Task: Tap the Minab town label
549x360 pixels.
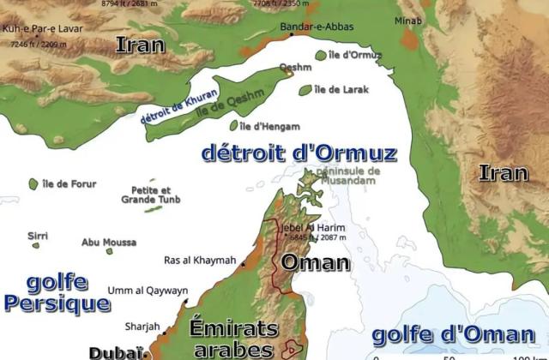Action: point(408,20)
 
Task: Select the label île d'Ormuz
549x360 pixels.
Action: point(355,56)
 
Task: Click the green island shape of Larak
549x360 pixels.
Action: point(305,89)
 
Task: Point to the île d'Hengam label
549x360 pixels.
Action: point(268,126)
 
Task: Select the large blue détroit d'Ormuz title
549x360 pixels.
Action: point(299,153)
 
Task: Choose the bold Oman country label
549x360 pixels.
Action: point(316,261)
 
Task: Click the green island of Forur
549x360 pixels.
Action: point(33,184)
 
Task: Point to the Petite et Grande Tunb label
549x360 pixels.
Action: point(151,195)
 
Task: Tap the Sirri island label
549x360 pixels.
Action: point(38,235)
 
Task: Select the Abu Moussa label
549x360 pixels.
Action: point(108,243)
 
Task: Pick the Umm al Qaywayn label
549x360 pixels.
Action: point(148,291)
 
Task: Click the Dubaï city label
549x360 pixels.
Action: point(112,351)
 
